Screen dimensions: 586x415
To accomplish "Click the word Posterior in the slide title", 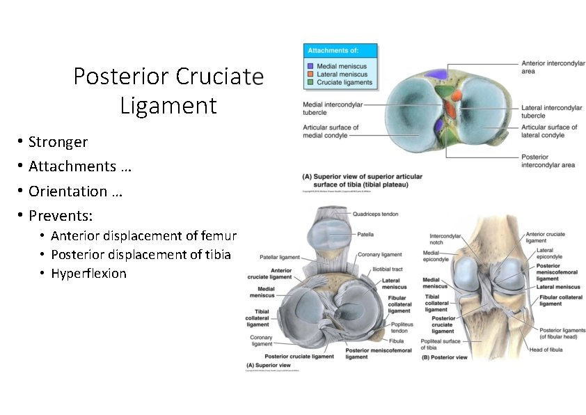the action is coord(122,76).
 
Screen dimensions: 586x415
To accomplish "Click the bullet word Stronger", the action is coord(58,142).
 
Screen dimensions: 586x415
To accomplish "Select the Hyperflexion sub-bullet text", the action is coord(88,274).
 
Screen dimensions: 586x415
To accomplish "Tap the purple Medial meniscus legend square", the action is coord(310,66).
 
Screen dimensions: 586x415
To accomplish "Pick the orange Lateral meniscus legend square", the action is coord(310,75).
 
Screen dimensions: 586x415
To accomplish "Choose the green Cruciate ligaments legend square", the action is coord(310,82).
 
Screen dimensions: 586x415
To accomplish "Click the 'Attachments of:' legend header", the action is coord(333,51).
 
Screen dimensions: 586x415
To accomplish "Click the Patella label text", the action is coord(366,235).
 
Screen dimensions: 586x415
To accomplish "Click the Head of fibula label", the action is coord(546,350).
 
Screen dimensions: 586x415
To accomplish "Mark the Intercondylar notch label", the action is coord(445,240).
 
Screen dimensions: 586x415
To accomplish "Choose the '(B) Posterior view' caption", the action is coord(445,359).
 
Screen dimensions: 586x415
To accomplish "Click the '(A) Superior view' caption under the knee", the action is coord(268,365).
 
